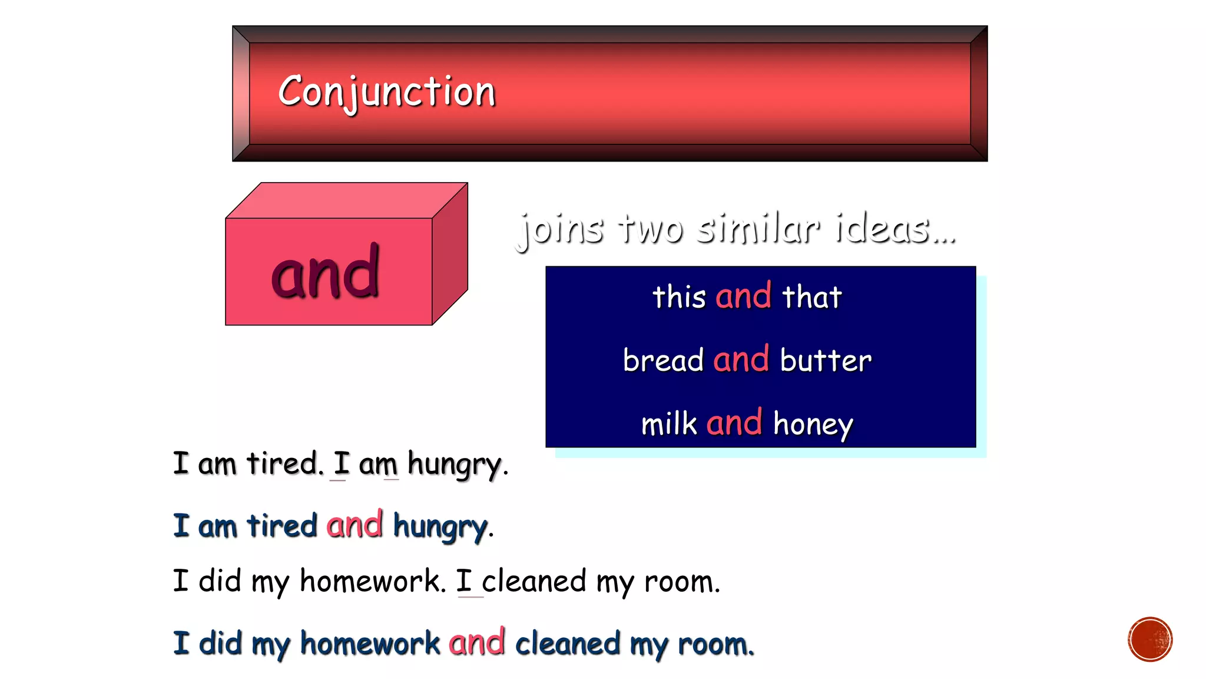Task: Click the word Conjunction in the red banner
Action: [386, 92]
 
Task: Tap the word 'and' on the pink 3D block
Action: [325, 272]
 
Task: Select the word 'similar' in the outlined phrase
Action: [757, 229]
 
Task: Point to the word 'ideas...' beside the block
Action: [895, 229]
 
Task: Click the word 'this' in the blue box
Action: [679, 296]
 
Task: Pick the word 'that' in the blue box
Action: [812, 296]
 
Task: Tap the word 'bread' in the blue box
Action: [663, 360]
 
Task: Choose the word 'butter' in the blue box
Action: [826, 360]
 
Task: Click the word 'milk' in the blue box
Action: [669, 424]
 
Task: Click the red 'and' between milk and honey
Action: [734, 423]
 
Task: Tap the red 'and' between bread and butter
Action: [741, 359]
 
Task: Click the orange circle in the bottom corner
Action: [1150, 640]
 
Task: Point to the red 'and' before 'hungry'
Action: [354, 525]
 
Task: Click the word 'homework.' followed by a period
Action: [373, 581]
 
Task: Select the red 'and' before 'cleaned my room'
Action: [476, 642]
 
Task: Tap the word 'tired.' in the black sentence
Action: [285, 463]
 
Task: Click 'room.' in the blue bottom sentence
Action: [715, 644]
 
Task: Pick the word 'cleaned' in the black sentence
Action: [534, 581]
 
